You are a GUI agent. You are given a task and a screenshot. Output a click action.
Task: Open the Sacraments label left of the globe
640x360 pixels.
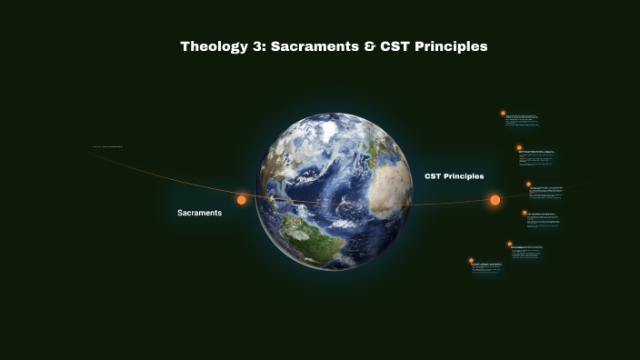[199, 213]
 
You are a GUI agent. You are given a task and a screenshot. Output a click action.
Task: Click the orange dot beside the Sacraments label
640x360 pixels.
[242, 200]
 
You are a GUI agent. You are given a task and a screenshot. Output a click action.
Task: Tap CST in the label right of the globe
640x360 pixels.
[434, 176]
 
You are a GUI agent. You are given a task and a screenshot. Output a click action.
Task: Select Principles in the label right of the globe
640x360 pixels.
[465, 176]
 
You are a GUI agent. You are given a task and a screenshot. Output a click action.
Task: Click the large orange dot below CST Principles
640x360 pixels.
[495, 200]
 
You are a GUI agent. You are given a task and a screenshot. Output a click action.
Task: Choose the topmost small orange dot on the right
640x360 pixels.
[503, 114]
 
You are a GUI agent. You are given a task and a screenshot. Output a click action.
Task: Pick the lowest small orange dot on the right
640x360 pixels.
[471, 261]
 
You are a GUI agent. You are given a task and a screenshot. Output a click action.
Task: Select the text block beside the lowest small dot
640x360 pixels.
[486, 267]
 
